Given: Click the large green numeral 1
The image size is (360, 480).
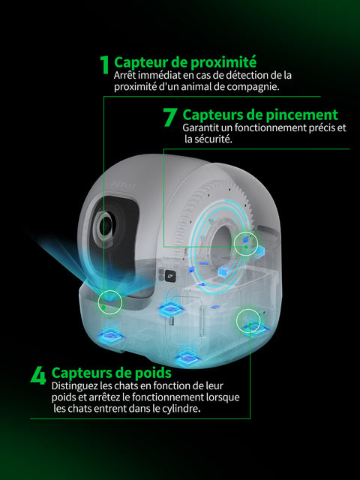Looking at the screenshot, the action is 105,64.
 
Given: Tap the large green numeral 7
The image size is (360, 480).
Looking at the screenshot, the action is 169,117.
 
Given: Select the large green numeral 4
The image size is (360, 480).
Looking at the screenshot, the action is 38,375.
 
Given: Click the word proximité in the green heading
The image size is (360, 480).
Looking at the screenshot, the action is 223,62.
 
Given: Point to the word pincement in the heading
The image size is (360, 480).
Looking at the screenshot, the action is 301,115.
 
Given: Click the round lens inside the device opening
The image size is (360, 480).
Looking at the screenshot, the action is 105,226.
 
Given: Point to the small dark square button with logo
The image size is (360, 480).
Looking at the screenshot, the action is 171,276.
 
